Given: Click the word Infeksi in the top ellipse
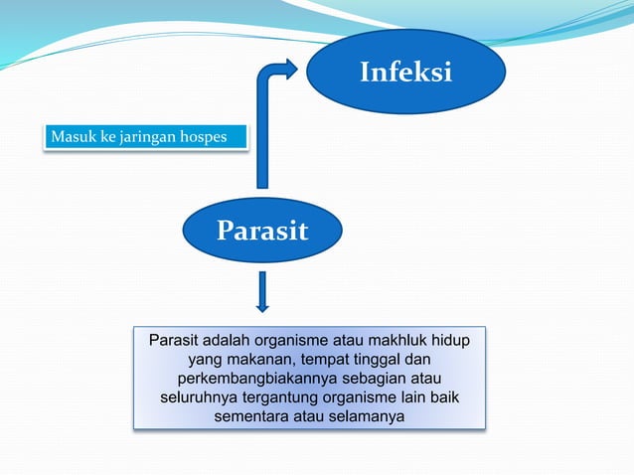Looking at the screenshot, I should click(x=405, y=73).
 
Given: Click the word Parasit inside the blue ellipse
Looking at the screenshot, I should click(x=262, y=232).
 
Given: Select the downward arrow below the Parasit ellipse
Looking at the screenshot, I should click(x=262, y=291).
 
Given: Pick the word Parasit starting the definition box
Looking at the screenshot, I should click(x=175, y=342).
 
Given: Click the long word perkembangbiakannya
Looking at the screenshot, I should click(x=268, y=380).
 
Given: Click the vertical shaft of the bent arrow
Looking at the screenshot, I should click(x=262, y=139).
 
